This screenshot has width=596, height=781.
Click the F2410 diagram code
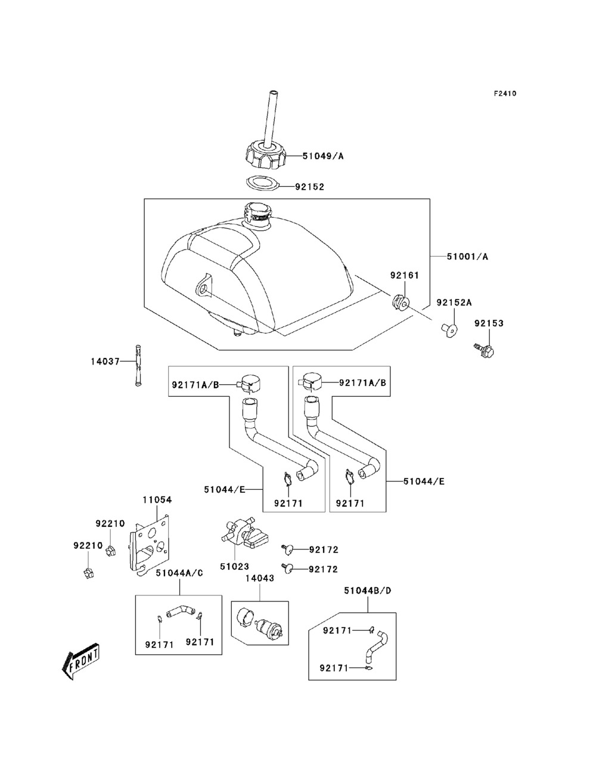(505, 94)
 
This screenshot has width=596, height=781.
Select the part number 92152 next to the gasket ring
(309, 187)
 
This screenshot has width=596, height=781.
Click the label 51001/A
(467, 257)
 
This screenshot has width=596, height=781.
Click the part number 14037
(105, 362)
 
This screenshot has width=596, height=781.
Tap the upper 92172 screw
(287, 549)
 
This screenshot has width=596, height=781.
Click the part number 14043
(260, 578)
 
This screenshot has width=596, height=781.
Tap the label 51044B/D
(368, 591)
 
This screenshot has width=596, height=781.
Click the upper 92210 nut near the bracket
(110, 551)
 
